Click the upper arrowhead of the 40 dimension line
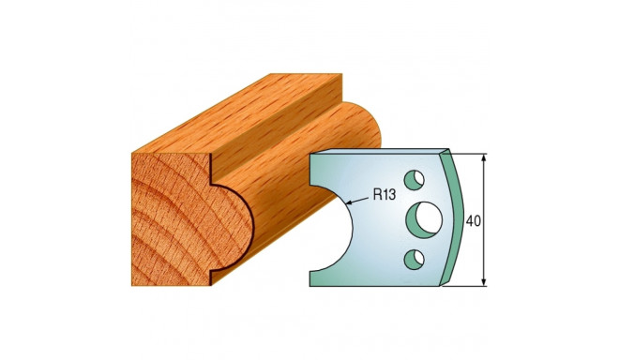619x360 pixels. (x=484, y=157)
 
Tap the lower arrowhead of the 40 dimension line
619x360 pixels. (x=484, y=282)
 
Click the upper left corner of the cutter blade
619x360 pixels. (x=311, y=155)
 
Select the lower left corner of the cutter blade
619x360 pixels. (x=311, y=284)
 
